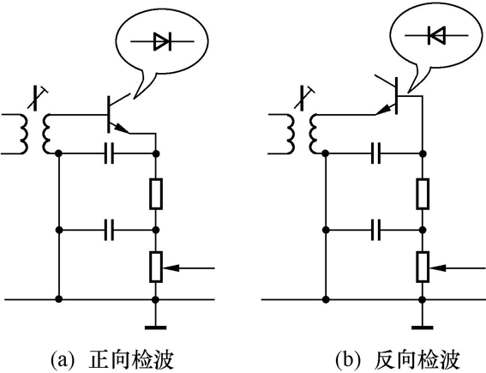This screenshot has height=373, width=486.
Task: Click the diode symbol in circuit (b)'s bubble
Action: click(x=435, y=35)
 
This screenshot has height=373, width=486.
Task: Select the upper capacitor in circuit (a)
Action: click(x=109, y=154)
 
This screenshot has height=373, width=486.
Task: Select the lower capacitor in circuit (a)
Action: click(x=109, y=230)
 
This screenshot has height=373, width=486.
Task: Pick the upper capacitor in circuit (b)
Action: click(x=377, y=154)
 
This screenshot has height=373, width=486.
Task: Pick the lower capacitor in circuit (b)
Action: click(x=377, y=230)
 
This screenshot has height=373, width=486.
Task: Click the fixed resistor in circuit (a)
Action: click(x=155, y=193)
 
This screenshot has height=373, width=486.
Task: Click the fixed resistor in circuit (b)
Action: click(x=423, y=193)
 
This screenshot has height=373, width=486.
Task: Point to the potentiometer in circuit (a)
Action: click(x=155, y=268)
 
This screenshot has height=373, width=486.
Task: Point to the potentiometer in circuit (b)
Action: click(x=423, y=268)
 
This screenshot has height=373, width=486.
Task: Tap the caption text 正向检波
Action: click(x=129, y=357)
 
